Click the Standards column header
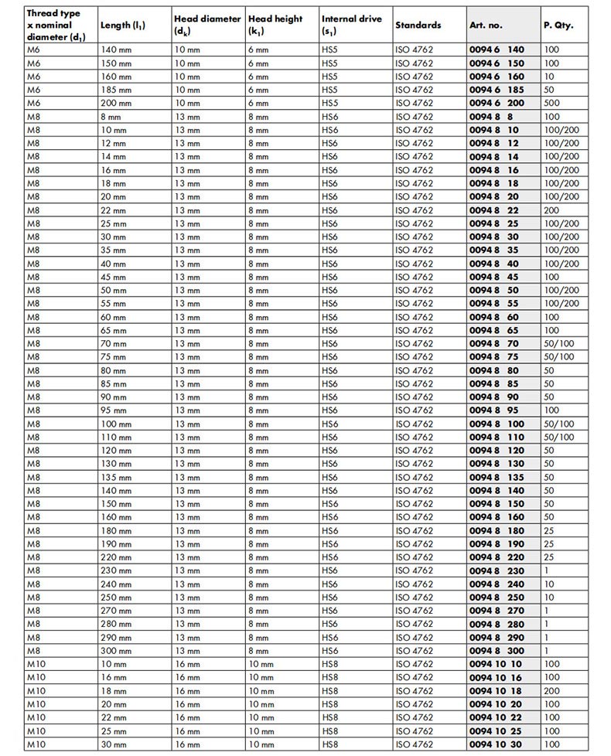(x=418, y=25)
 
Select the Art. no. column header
(x=486, y=25)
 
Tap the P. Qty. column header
(x=558, y=25)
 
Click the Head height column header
(x=275, y=25)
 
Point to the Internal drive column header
(x=351, y=25)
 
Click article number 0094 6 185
(x=497, y=90)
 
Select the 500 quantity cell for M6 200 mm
(x=551, y=103)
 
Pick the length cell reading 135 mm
(x=115, y=477)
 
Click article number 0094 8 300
(x=497, y=651)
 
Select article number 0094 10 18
(x=496, y=691)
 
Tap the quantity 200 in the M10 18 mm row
(x=551, y=691)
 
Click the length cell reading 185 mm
(x=115, y=90)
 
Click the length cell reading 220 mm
(x=115, y=557)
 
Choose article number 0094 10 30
(x=496, y=744)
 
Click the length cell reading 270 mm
(x=115, y=611)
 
